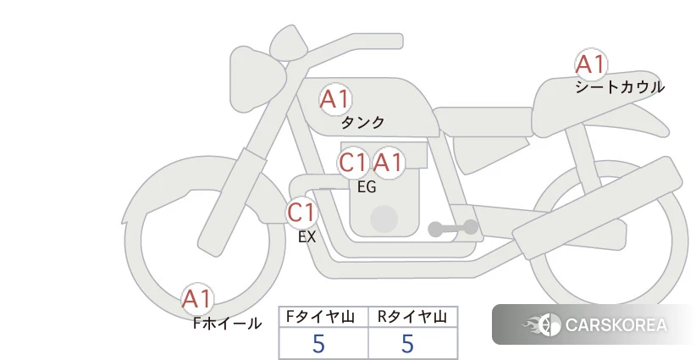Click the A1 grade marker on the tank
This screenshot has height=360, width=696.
click(x=334, y=99)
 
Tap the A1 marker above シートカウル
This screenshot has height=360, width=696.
click(x=590, y=64)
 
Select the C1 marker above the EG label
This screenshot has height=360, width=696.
click(x=353, y=162)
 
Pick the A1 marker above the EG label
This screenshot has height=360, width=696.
click(x=389, y=162)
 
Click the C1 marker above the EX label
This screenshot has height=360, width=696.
click(x=301, y=211)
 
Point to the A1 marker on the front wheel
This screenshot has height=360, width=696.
click(x=197, y=299)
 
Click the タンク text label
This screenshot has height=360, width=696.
click(x=362, y=123)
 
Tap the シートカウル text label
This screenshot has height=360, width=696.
click(x=619, y=86)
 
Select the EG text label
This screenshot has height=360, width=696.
click(x=367, y=187)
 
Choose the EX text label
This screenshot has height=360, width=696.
click(x=307, y=237)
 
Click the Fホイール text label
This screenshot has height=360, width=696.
click(x=227, y=323)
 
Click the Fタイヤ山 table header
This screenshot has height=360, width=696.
click(x=323, y=317)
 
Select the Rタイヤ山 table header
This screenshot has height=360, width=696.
click(x=412, y=317)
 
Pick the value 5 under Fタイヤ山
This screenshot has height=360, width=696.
click(x=319, y=343)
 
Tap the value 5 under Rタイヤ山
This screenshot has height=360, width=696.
click(x=408, y=343)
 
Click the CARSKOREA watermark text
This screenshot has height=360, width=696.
click(x=616, y=325)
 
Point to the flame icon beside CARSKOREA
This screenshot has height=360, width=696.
click(x=542, y=325)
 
